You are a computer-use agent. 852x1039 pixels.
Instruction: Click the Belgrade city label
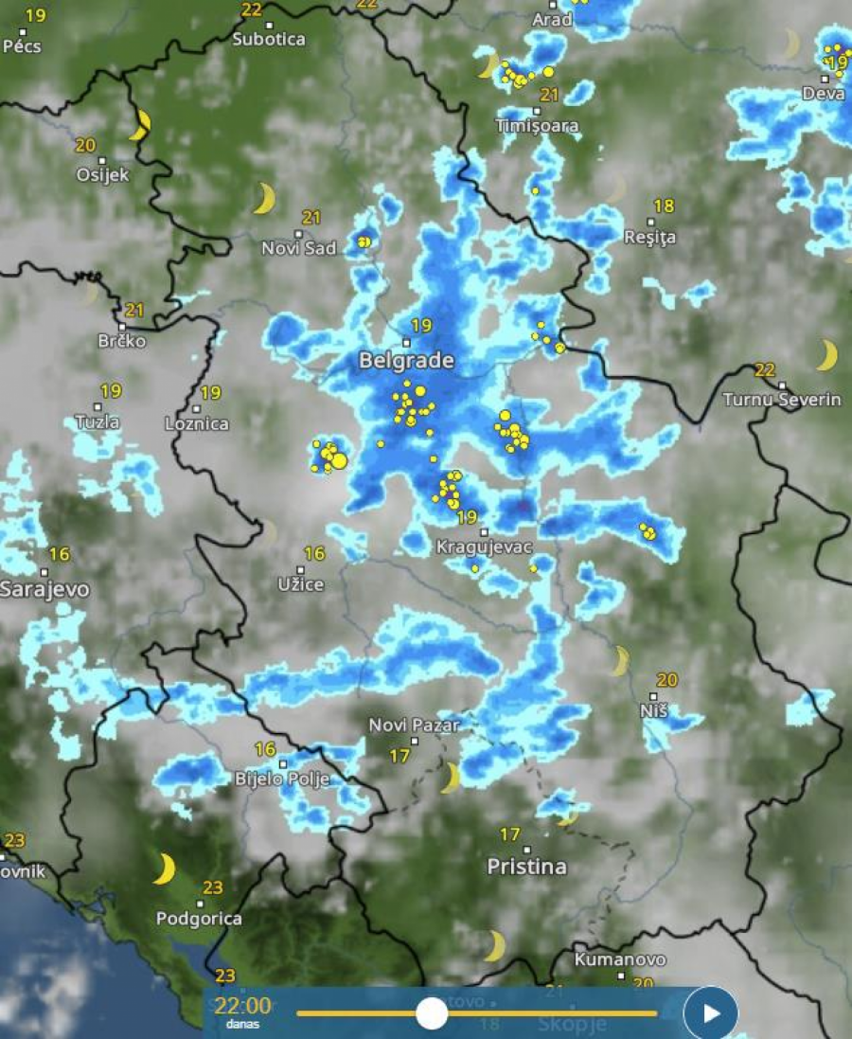(406, 361)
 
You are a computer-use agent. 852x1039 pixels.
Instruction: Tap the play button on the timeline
(710, 1013)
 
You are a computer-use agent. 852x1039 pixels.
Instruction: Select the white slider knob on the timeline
(432, 1013)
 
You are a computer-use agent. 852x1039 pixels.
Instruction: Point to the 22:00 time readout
(242, 1006)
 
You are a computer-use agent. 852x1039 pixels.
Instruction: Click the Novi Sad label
(299, 248)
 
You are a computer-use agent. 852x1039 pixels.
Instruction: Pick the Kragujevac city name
(484, 547)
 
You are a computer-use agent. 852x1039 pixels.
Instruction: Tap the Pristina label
(526, 867)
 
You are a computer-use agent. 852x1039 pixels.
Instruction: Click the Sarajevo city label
(44, 589)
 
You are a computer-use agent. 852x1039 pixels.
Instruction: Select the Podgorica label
(199, 918)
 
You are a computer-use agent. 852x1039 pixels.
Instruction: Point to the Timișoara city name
(538, 125)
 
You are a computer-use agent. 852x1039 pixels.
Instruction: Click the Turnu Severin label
(782, 400)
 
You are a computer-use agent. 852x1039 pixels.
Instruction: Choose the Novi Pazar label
(414, 726)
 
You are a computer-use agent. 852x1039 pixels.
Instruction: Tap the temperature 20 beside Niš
(666, 680)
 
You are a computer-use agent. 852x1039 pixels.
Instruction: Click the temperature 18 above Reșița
(664, 206)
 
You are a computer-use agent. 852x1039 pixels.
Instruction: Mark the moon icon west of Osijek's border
(141, 124)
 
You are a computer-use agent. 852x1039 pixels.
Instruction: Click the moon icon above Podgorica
(165, 869)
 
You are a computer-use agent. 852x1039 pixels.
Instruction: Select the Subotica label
(269, 39)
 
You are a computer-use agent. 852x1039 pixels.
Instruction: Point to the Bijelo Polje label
(282, 779)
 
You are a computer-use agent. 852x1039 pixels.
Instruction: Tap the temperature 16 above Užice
(314, 553)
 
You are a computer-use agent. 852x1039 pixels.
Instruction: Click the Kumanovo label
(620, 959)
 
